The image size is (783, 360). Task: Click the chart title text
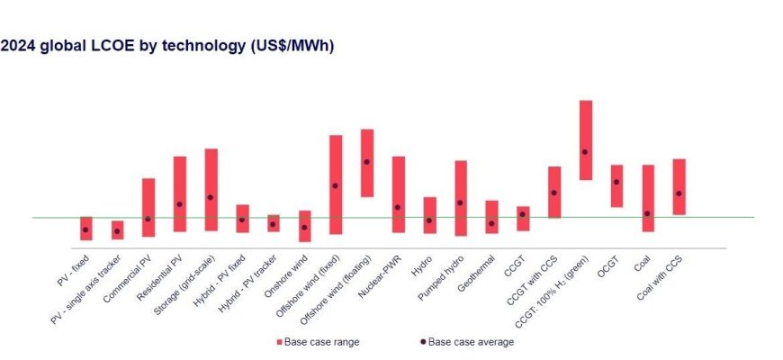tap(167, 47)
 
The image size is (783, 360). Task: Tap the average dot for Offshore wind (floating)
tap(366, 162)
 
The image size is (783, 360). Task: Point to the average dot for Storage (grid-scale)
tap(211, 197)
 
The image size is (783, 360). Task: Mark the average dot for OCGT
tap(616, 182)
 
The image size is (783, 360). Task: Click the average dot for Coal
tap(647, 213)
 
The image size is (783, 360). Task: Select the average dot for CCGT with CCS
tap(554, 193)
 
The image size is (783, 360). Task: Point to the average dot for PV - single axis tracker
tap(117, 231)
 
